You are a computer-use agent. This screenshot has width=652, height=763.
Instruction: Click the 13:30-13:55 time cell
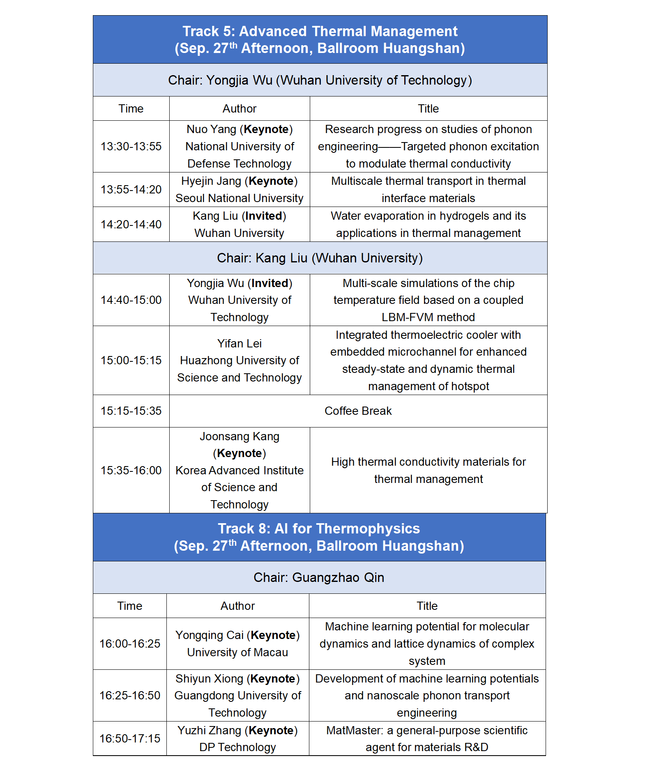pos(131,147)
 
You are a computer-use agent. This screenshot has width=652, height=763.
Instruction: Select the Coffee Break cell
pos(358,411)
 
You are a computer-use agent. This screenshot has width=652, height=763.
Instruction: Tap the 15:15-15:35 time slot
pos(131,411)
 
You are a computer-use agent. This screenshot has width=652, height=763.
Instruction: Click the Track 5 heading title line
pos(320,31)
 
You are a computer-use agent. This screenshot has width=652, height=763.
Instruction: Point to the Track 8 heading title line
pos(319,529)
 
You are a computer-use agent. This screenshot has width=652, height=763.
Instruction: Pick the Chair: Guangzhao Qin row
pos(319,577)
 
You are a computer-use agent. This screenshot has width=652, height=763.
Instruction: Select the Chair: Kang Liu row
pos(320,258)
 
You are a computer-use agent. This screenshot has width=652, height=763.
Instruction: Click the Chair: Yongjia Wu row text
pos(320,80)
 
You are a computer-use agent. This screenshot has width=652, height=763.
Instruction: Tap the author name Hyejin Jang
pos(211,181)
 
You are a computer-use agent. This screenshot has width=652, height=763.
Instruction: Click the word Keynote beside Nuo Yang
pos(266,129)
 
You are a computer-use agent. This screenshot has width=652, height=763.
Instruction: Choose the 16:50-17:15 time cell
pos(130,738)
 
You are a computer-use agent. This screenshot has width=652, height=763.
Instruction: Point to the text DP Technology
pos(237,747)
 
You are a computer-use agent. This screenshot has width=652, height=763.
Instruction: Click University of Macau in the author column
pos(237,652)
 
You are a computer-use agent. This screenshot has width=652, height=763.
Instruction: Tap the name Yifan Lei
pos(240,343)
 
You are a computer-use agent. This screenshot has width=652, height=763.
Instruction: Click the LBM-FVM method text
pos(428,317)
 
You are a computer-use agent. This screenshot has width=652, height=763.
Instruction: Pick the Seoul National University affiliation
pos(240,198)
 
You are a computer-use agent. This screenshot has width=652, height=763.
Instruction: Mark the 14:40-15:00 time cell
pos(131,300)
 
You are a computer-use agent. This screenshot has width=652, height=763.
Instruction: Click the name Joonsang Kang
pos(240,436)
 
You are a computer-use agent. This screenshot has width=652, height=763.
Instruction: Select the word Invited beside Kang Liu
pos(264,216)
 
